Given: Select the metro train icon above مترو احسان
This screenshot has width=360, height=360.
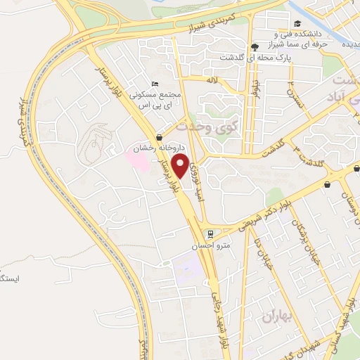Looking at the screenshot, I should point(209,233).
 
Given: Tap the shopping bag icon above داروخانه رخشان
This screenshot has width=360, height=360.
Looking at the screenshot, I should point(161,137).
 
